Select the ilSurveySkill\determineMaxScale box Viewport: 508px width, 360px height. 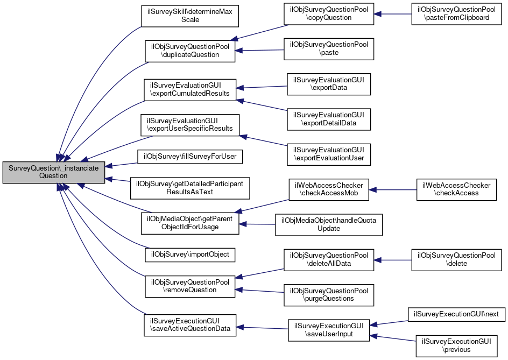pos(189,16)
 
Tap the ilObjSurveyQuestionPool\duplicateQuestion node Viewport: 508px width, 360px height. pos(189,51)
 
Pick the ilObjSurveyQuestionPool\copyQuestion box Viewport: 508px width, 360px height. pos(329,13)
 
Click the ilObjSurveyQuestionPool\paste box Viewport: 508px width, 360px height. pos(329,48)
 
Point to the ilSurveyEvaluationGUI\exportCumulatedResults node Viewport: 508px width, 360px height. pos(189,89)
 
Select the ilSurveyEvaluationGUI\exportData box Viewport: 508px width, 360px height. pos(329,83)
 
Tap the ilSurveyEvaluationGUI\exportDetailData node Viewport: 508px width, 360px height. pos(329,118)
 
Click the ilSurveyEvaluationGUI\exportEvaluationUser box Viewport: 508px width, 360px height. pos(329,154)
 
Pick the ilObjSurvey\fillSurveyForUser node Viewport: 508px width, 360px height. pos(189,157)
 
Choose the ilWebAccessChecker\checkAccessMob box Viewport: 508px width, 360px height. pos(329,189)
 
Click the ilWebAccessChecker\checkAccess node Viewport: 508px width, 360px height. pos(456,189)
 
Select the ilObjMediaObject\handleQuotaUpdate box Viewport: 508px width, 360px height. pos(329,224)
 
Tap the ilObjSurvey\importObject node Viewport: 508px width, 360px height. pos(189,254)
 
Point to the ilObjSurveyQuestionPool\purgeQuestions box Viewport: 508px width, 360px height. pos(329,294)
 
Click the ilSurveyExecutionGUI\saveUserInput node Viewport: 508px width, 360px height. pos(329,330)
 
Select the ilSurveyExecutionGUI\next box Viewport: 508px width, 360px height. pos(456,314)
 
